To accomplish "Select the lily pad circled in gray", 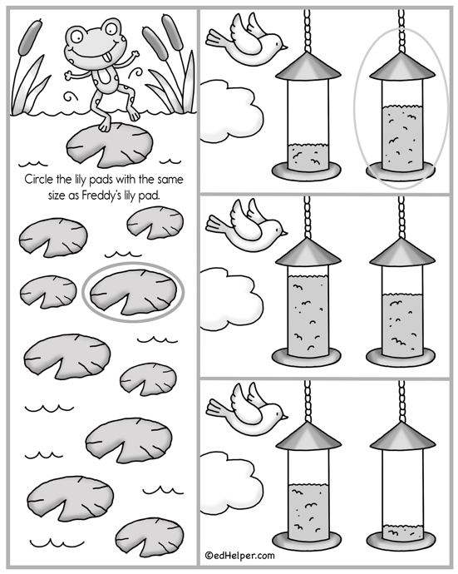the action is coord(131,292).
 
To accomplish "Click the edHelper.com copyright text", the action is coord(239,556).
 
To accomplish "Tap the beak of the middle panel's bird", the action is coord(284,233).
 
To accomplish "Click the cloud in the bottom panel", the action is coord(231,482).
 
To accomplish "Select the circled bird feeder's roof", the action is coord(402,67).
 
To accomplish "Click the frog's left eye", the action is coord(77,36).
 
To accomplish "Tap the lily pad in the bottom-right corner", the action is coord(150,537).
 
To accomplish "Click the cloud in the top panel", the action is coord(231,111).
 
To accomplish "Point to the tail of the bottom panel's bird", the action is coord(217,408).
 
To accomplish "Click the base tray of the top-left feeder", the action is coord(307,171).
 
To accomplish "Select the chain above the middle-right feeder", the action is coord(401,217).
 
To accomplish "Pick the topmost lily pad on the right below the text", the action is coord(155,223).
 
